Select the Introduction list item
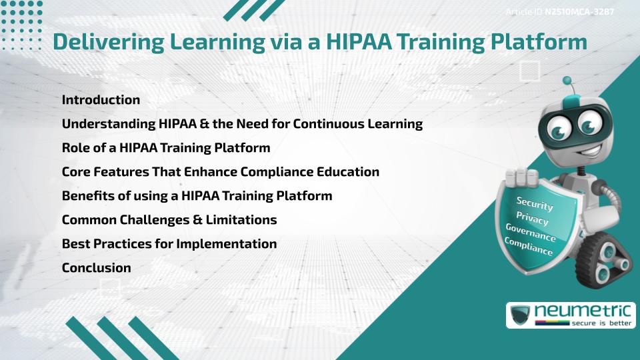[101, 100]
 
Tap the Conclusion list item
[96, 268]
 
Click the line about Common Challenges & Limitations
[169, 220]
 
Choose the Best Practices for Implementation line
[169, 244]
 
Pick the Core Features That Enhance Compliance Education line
[221, 172]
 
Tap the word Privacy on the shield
[533, 218]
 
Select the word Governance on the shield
[531, 233]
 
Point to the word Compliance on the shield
[529, 247]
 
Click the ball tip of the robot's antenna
[567, 81]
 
